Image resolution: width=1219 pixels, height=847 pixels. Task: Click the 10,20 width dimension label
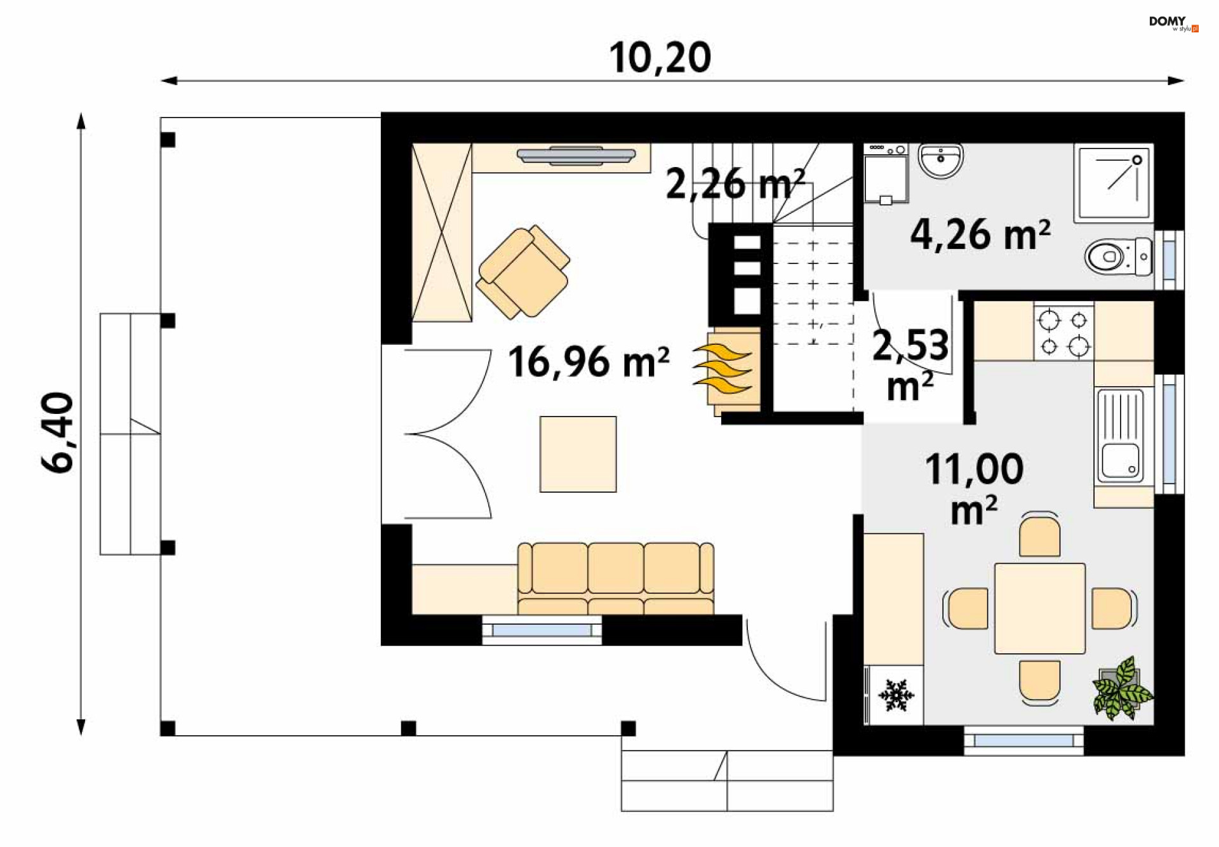[660, 58]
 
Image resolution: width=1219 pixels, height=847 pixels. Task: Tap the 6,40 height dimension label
[58, 432]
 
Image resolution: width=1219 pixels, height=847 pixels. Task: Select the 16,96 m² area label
[589, 362]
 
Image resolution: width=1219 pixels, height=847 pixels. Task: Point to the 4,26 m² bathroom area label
[980, 234]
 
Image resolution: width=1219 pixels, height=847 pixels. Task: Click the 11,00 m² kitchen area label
[975, 488]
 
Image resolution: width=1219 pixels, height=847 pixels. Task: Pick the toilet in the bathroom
[1118, 257]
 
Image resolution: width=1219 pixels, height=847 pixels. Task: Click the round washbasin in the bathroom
[941, 161]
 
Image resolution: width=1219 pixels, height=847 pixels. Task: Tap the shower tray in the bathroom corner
[1114, 183]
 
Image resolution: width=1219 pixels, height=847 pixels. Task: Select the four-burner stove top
[1063, 332]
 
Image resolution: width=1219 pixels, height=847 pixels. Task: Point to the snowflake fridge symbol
[896, 695]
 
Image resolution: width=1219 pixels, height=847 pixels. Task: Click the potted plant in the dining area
[1122, 689]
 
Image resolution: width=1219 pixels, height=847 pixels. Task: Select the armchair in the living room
[523, 272]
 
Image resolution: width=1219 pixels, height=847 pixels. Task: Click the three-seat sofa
[616, 578]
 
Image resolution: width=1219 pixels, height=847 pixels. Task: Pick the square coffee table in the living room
[578, 454]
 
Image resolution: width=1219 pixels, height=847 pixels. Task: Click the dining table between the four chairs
[1039, 608]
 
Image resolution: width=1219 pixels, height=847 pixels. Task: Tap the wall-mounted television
[576, 156]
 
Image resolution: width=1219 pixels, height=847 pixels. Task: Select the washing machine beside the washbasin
[886, 173]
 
